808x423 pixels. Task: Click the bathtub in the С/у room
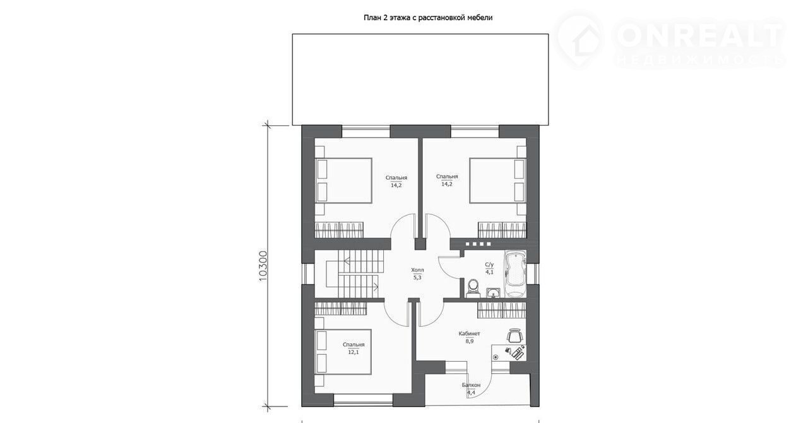pyautogui.click(x=515, y=274)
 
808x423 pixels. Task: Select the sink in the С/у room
pyautogui.click(x=492, y=293)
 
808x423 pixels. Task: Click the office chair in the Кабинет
pyautogui.click(x=514, y=336)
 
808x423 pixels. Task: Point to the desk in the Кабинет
pyautogui.click(x=509, y=353)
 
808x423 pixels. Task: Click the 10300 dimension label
pyautogui.click(x=263, y=267)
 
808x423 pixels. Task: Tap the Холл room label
pyautogui.click(x=417, y=270)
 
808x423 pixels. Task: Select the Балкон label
pyautogui.click(x=471, y=385)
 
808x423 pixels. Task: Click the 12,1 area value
pyautogui.click(x=353, y=352)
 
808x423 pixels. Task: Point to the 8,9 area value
pyautogui.click(x=469, y=341)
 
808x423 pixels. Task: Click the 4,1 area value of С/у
pyautogui.click(x=489, y=273)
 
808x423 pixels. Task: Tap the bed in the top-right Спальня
pyautogui.click(x=498, y=180)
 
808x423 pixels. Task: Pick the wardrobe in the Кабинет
pyautogui.click(x=502, y=310)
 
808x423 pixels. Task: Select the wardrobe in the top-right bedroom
pyautogui.click(x=502, y=230)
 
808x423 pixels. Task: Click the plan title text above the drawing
pyautogui.click(x=428, y=17)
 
